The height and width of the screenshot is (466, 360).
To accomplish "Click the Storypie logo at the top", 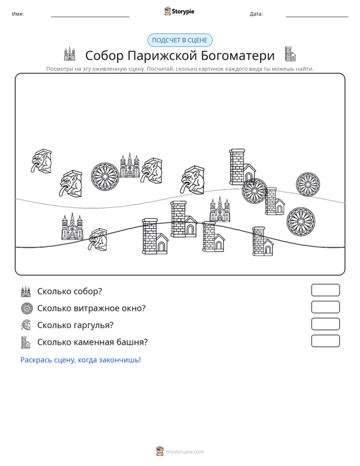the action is (x=179, y=11).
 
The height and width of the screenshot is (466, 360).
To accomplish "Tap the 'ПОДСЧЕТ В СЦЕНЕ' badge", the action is (x=180, y=40).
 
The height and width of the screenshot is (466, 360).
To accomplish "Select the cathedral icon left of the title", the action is (x=69, y=54).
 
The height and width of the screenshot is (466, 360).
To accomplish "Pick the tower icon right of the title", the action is (x=290, y=54).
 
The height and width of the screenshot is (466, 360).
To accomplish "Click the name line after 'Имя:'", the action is (x=90, y=17).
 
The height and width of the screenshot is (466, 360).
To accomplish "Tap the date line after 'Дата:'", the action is (x=317, y=17).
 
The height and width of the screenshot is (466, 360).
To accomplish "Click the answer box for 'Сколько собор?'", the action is (x=325, y=290).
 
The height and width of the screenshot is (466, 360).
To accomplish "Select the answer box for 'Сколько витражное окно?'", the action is (x=325, y=307).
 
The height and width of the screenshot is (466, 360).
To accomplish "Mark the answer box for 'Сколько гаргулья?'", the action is (x=325, y=324).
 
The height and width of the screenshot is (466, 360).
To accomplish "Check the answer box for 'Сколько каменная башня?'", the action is (x=325, y=341).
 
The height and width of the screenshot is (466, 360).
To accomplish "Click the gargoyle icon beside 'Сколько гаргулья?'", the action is (x=26, y=325).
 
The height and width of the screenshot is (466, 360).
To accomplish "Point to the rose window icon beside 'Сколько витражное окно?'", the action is (x=26, y=308).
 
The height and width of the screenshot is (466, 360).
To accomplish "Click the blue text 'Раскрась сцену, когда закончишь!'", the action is (x=81, y=360).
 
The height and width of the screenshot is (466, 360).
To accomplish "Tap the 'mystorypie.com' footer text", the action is (x=184, y=452).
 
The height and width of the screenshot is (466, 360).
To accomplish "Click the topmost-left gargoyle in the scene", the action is (x=41, y=161).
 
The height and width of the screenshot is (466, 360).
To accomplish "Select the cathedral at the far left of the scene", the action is (x=73, y=226).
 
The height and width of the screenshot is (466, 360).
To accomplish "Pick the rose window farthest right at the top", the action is (x=308, y=184).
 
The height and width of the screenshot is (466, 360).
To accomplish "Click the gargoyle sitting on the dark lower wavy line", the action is (x=98, y=239).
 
